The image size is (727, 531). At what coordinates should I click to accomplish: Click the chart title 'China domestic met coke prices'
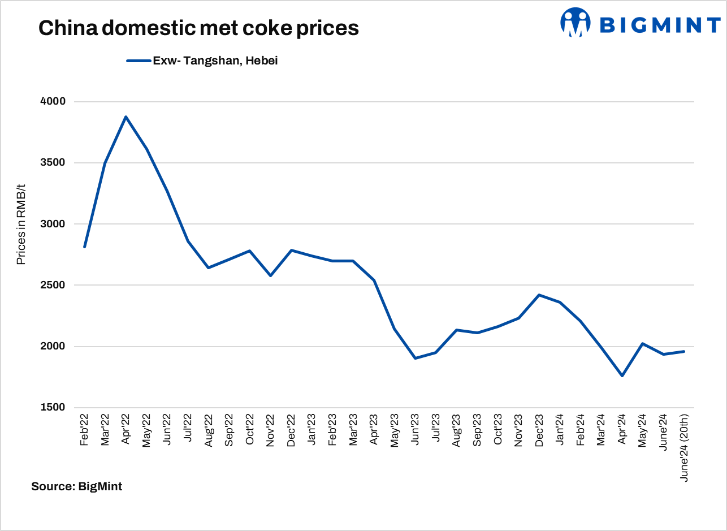coord(198,28)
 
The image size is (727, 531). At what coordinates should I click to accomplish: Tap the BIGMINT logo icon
coord(575,23)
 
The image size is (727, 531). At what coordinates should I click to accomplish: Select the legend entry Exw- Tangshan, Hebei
coord(215,61)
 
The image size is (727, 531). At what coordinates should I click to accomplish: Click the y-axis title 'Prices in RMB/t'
coord(21,225)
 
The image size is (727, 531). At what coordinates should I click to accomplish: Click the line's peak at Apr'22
coord(126,117)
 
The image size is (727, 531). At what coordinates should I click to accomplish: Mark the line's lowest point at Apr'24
coord(622,375)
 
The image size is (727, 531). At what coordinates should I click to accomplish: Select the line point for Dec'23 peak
coord(539,295)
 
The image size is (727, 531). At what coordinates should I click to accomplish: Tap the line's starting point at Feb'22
coord(84,247)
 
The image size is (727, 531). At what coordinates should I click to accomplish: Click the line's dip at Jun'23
coord(415,358)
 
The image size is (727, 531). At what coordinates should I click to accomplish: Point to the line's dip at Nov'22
coord(270,275)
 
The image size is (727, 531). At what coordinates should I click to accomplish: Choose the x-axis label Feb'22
coord(85,431)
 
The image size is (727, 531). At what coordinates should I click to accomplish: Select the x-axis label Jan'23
coord(311,431)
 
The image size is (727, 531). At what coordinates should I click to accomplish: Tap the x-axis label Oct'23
coord(497,431)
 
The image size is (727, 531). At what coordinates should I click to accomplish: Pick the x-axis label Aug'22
coord(209,431)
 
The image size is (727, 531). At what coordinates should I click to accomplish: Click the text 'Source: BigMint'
coord(76,486)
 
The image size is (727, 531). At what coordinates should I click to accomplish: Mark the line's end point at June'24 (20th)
coord(684,352)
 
